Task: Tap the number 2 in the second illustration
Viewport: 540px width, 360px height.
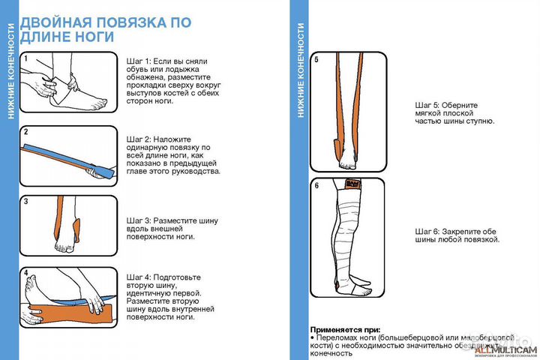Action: (x=25, y=131)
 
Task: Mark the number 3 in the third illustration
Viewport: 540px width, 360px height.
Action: (x=25, y=201)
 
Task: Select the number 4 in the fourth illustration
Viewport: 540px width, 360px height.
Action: (x=25, y=273)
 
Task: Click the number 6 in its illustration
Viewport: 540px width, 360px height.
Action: (x=316, y=185)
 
